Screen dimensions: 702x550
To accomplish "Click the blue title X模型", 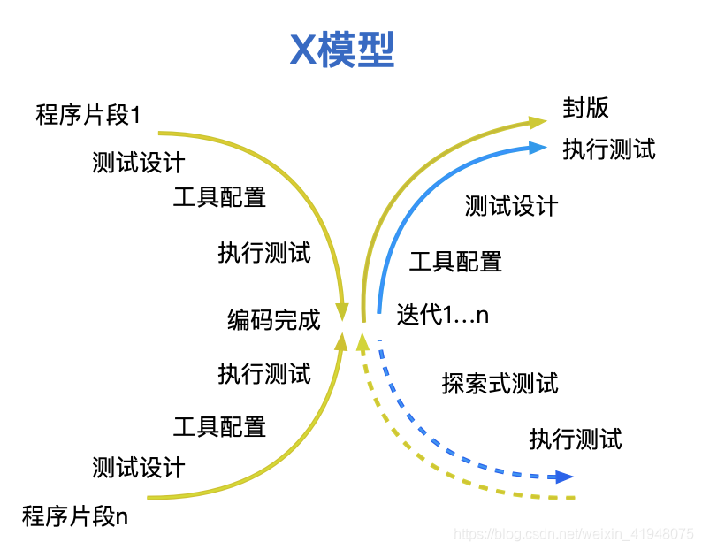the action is point(342,50).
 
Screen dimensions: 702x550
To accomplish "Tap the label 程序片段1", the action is point(88,115).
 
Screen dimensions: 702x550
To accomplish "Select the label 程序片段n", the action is point(75,516).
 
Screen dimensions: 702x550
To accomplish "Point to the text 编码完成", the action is point(273,320).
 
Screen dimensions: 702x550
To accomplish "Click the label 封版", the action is point(585,108).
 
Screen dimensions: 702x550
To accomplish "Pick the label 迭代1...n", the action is point(442,314).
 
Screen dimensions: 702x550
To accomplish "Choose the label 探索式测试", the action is point(500,384).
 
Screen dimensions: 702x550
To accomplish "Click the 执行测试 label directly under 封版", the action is point(609,149).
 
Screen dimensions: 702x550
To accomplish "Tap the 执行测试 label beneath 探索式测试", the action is point(576,439).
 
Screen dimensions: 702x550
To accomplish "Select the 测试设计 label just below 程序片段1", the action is point(138,162).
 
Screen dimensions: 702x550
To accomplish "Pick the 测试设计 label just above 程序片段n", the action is point(138,468).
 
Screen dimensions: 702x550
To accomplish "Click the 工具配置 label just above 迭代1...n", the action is point(455,262).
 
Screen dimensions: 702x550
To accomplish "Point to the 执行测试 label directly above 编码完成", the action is point(264,253).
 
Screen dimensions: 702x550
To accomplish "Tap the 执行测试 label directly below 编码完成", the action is point(264,373).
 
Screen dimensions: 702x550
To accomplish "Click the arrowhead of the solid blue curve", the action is point(538,148).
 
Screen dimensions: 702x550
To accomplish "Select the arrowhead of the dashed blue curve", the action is point(564,477).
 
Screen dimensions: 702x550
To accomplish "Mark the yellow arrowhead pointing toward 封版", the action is point(538,122).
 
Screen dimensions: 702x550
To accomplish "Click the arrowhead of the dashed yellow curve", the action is point(362,341).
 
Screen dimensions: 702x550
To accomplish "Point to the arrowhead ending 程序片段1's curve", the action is point(342,312).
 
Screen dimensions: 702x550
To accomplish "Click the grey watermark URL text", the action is point(574,534).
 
